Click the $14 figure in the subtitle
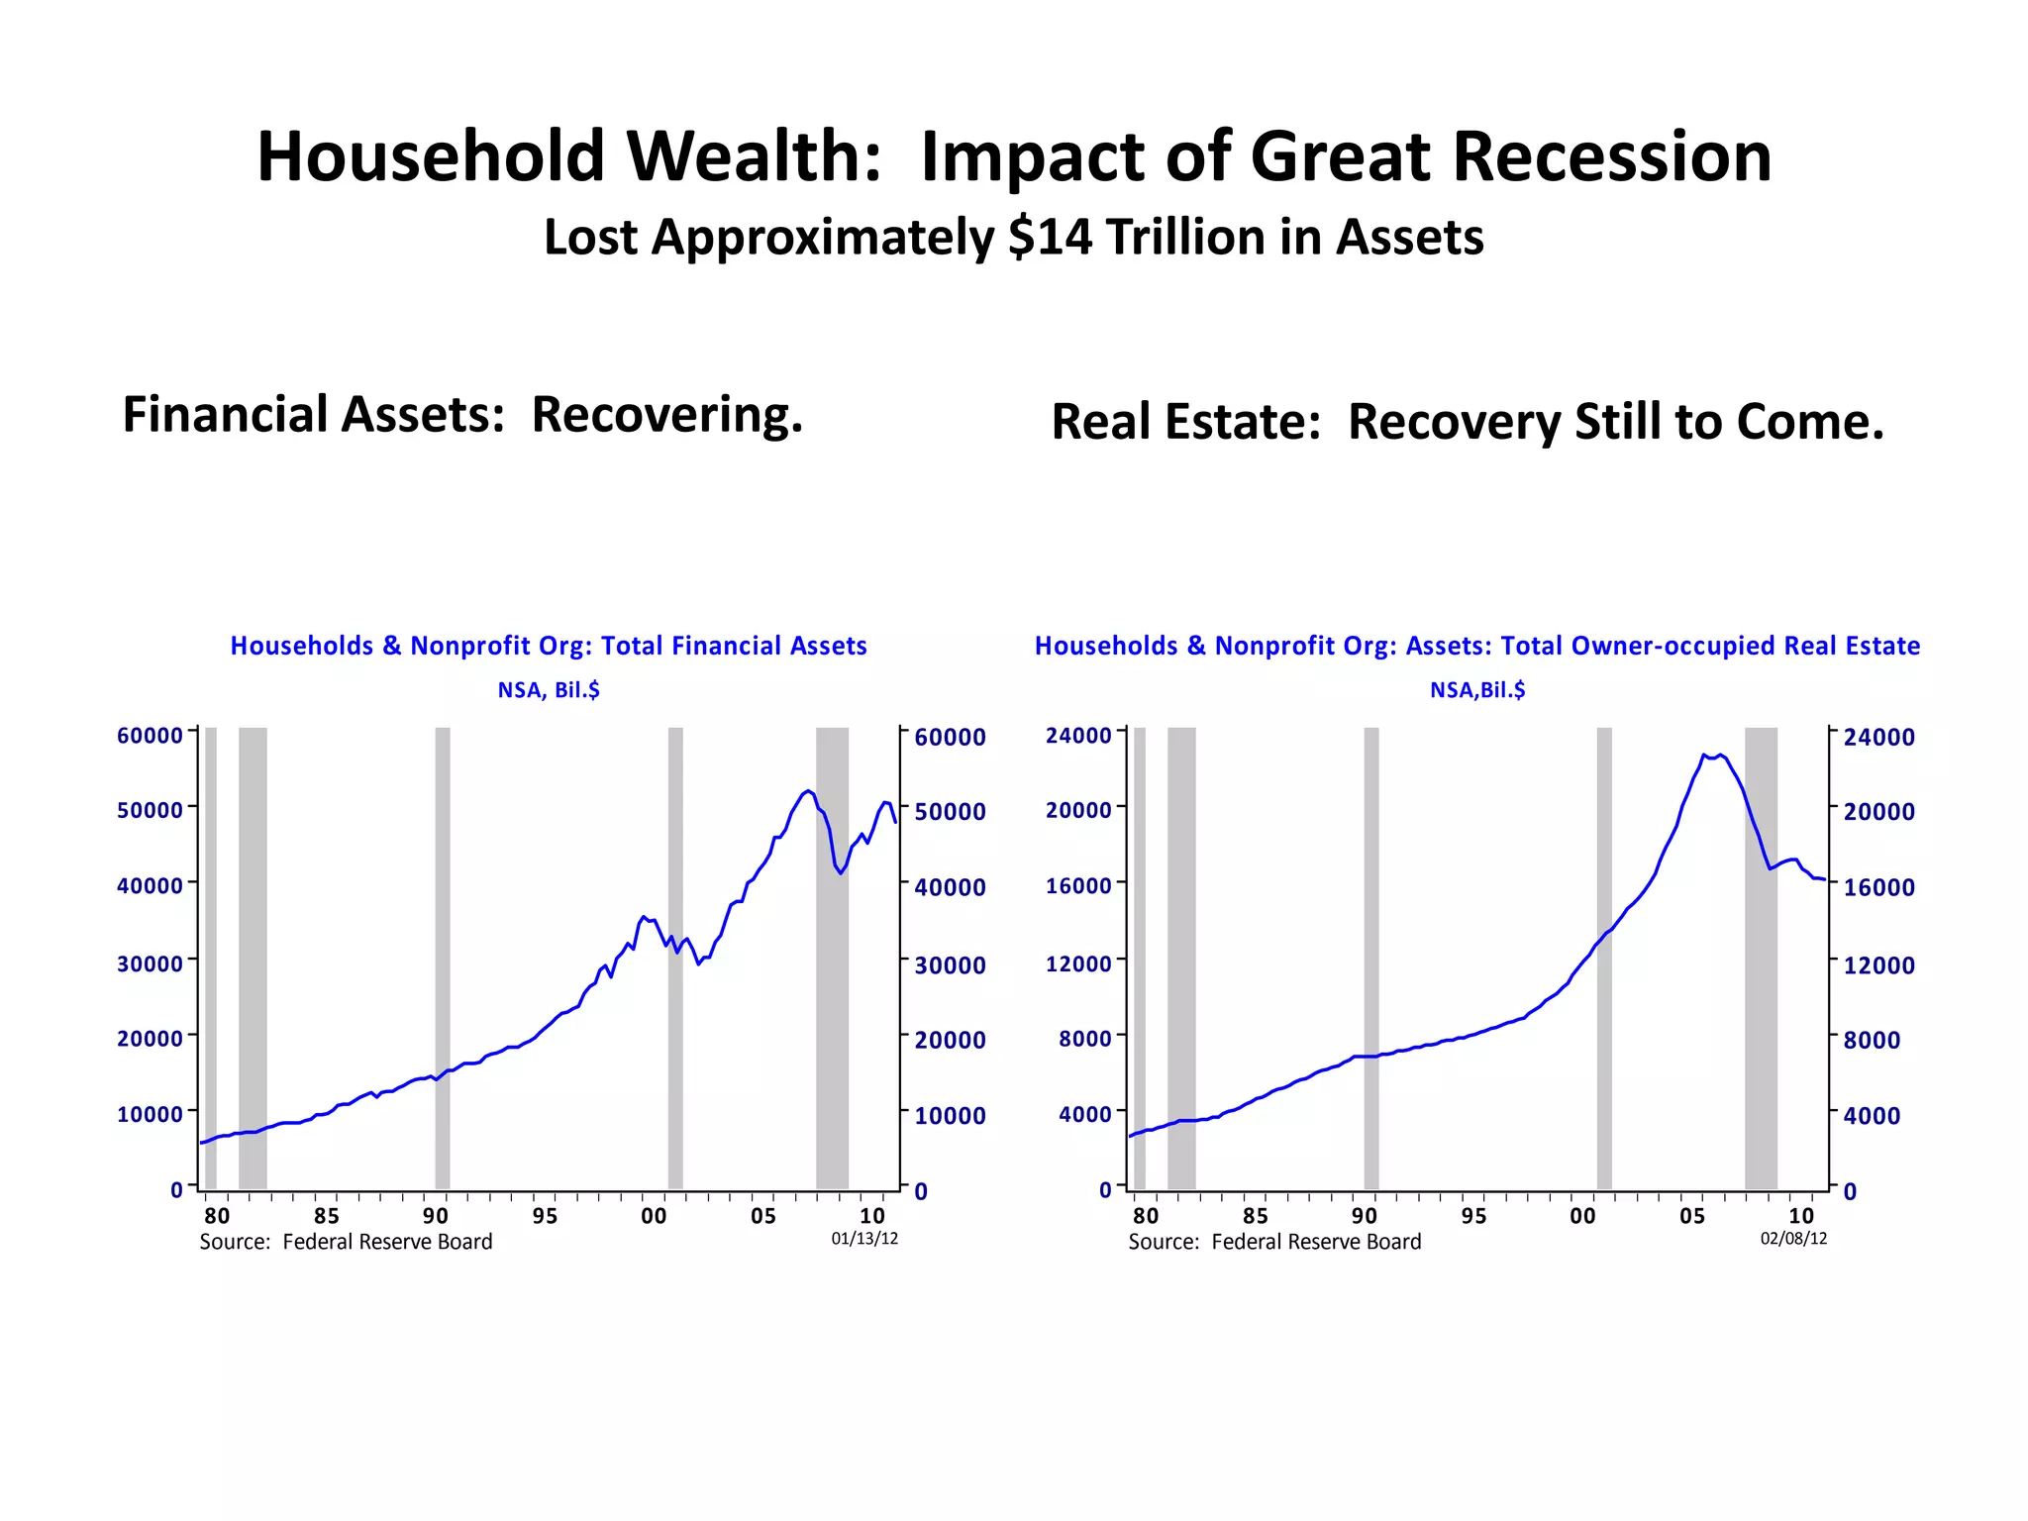pos(1051,238)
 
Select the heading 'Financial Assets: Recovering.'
pos(462,414)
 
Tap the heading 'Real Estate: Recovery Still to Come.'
pos(1467,422)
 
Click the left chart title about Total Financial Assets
pos(549,646)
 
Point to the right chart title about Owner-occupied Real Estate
pos(1476,646)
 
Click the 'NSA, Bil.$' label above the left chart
pos(549,690)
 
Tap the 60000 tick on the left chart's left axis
pos(150,736)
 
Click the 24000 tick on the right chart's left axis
pos(1078,736)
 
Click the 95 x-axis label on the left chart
pos(545,1216)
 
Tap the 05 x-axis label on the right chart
pos(1692,1216)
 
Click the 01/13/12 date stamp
pos(864,1239)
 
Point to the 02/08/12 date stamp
pos(1793,1239)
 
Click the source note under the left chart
pos(346,1242)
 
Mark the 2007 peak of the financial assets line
pos(808,791)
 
